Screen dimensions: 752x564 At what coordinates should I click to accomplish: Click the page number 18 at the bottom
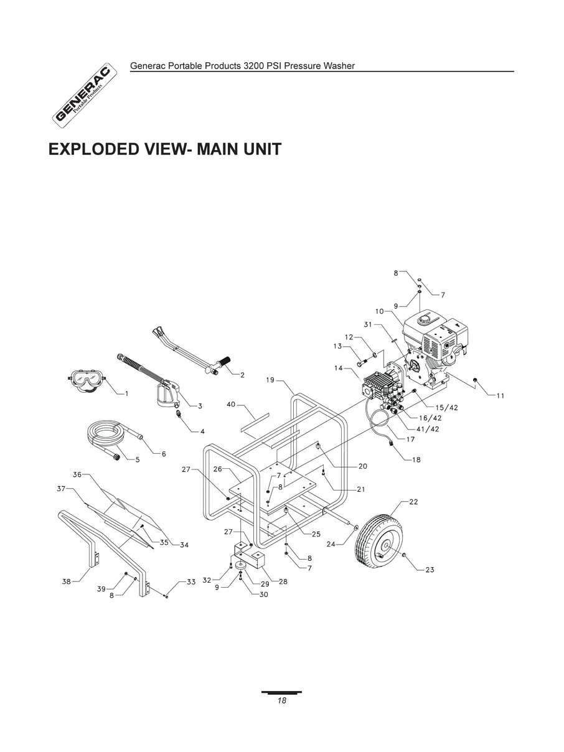(x=281, y=700)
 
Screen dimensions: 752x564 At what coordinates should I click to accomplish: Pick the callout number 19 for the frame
(x=270, y=379)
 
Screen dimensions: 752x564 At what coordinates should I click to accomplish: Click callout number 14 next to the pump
(x=338, y=368)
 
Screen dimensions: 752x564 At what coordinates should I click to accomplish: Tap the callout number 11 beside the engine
(x=500, y=395)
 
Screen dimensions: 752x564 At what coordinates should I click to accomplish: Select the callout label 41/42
(x=428, y=428)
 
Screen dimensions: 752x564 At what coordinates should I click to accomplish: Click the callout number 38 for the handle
(x=66, y=581)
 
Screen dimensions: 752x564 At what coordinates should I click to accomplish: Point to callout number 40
(x=230, y=405)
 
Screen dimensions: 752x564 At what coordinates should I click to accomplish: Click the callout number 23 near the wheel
(x=430, y=570)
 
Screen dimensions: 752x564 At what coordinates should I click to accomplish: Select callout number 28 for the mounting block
(x=283, y=581)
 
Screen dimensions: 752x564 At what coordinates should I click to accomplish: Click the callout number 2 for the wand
(x=242, y=375)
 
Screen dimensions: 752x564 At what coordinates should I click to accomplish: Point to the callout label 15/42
(x=446, y=407)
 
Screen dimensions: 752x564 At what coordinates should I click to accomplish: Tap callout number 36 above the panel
(x=77, y=474)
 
